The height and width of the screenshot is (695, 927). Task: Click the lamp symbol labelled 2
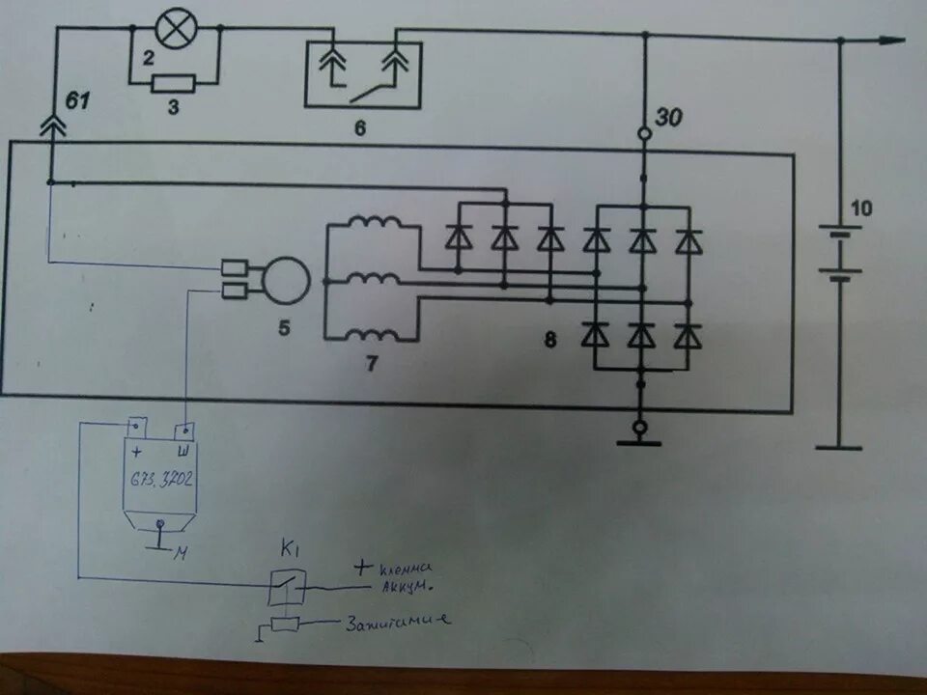point(174,29)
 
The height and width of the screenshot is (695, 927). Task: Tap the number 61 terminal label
point(78,99)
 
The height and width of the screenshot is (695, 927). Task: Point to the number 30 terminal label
point(668,118)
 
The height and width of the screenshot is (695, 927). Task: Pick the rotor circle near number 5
point(286,277)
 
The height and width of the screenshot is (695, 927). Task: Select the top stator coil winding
point(373,225)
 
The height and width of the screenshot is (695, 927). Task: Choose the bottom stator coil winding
point(373,335)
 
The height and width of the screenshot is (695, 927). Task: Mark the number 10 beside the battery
point(860,207)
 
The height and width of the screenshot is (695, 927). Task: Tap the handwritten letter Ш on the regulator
point(181,452)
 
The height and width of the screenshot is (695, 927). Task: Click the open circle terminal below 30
point(642,135)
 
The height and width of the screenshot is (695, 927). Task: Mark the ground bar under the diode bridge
point(638,443)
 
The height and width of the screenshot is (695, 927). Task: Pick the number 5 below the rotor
point(284,327)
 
